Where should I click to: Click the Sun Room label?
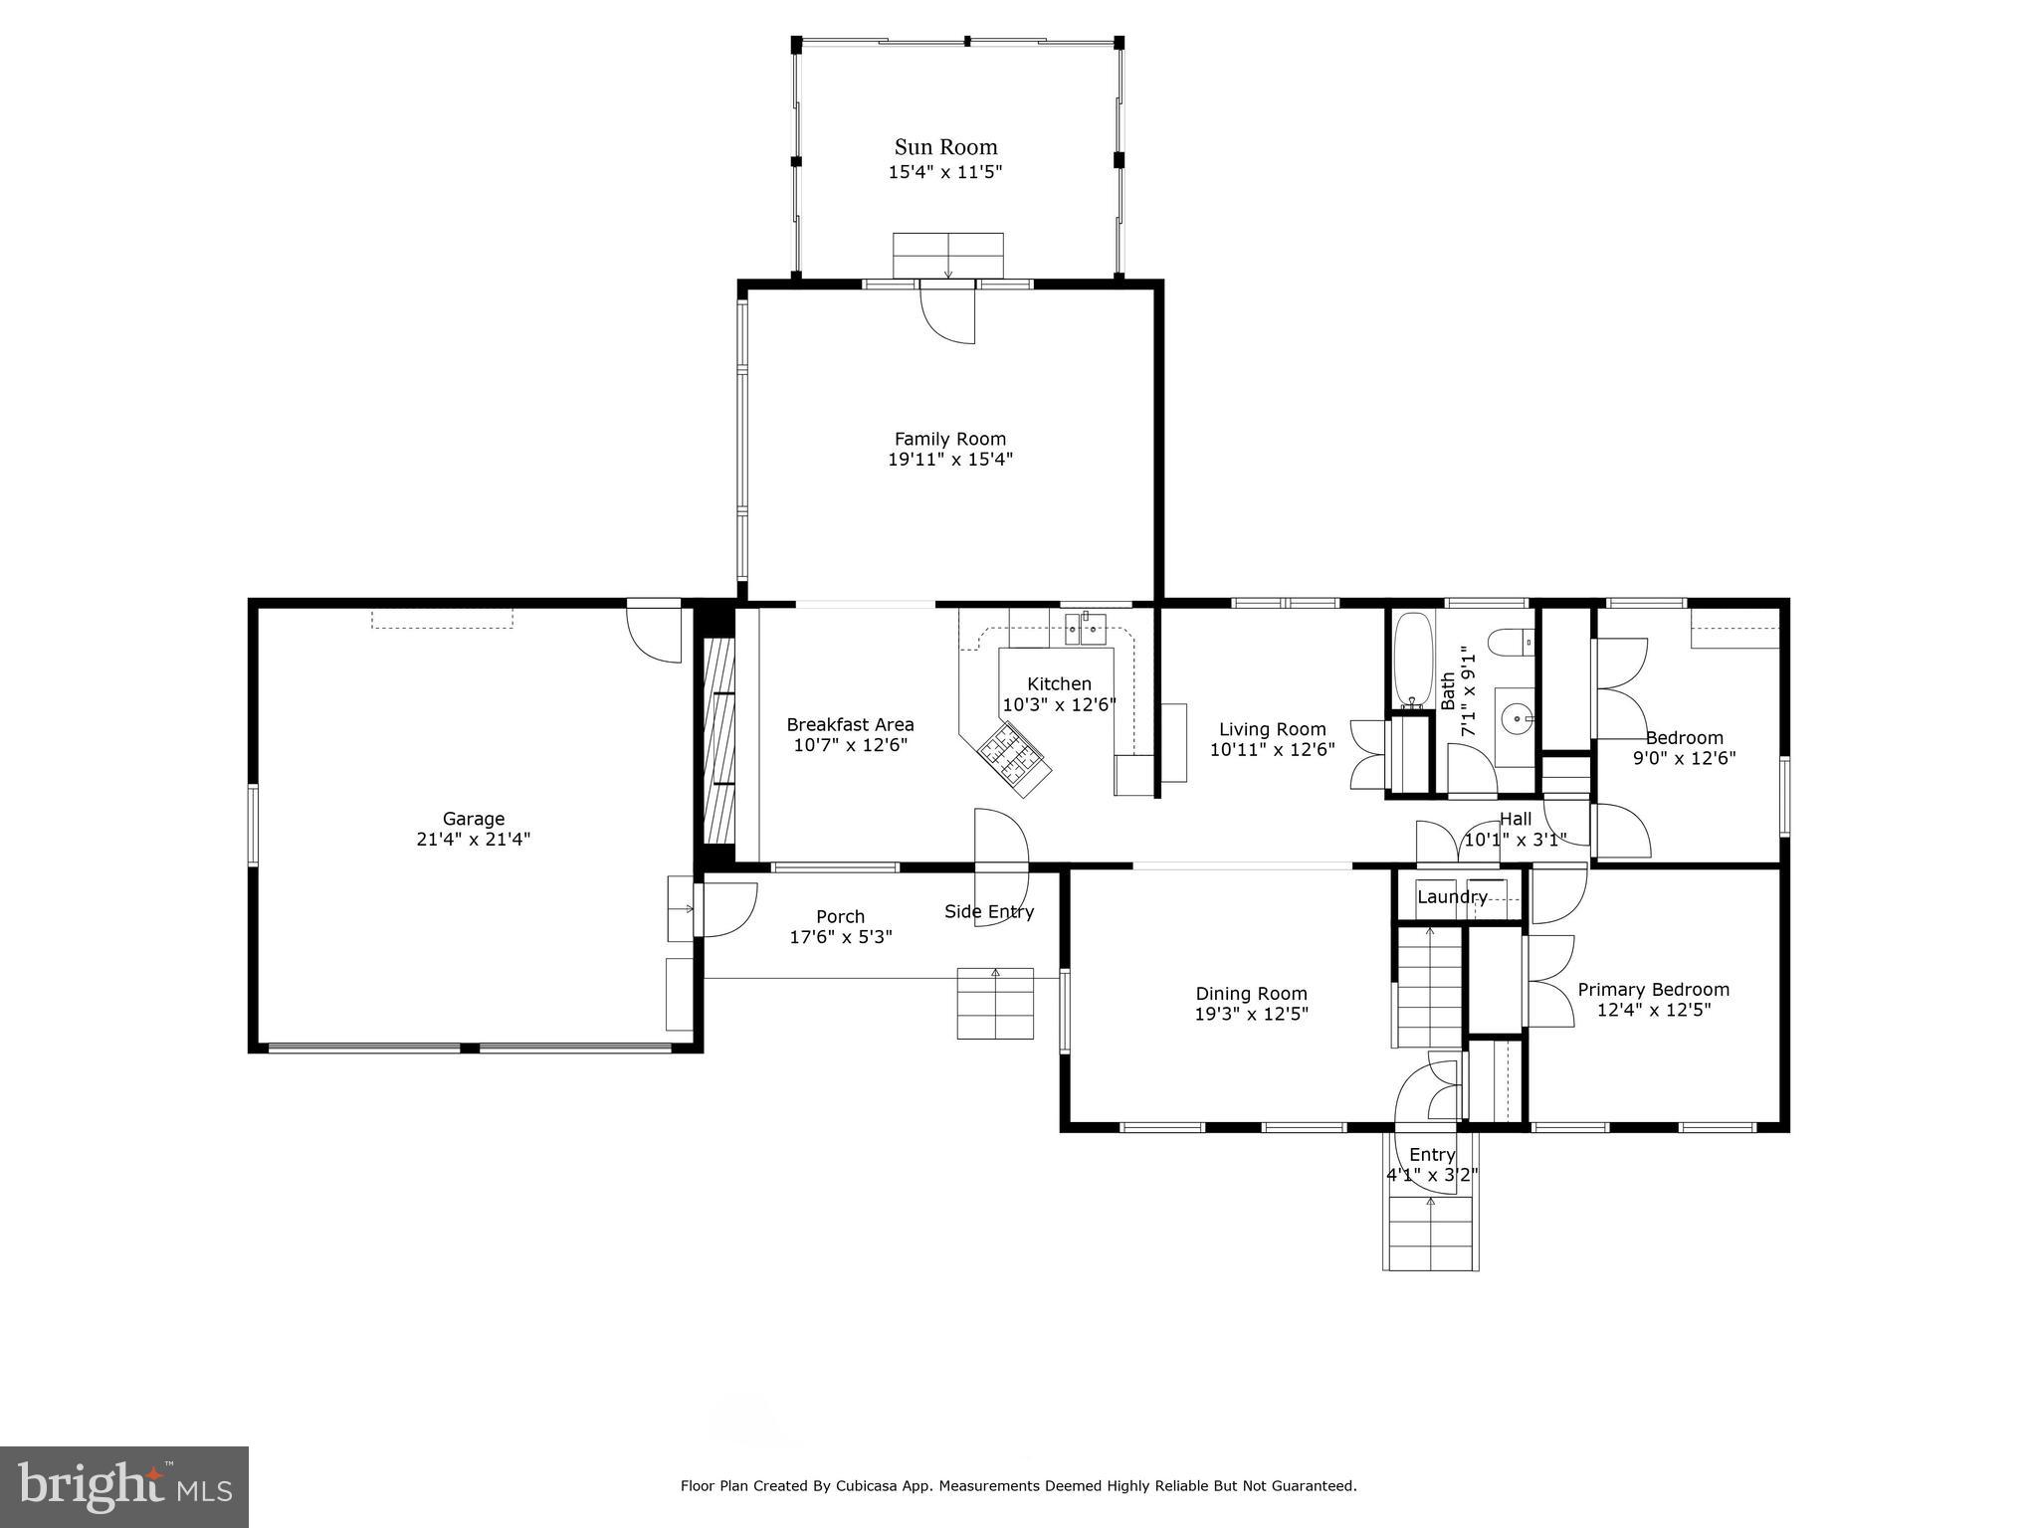945,147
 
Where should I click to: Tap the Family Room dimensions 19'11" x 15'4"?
950,460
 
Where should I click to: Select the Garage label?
474,819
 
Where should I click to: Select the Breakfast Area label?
850,725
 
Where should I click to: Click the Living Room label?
1273,729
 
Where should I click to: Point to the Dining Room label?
1251,994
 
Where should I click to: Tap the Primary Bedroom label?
1654,990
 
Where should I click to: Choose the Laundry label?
1452,897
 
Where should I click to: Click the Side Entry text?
989,912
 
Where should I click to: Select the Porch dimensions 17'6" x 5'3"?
841,937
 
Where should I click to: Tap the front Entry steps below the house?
1431,1234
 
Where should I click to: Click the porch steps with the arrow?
995,1003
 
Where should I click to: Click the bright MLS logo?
125,1487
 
